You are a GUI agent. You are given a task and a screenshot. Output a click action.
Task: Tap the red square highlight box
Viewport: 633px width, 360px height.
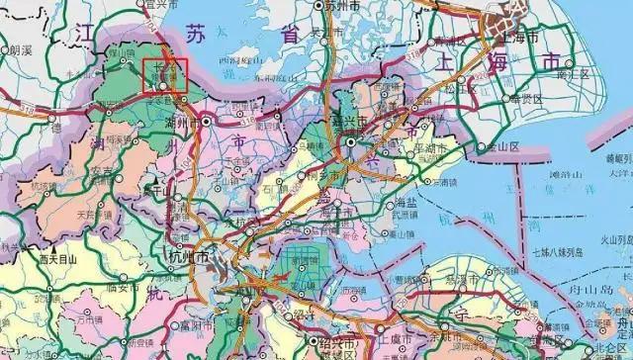tap(165, 76)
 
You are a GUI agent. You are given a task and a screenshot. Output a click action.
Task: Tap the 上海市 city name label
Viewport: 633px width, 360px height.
tap(518, 36)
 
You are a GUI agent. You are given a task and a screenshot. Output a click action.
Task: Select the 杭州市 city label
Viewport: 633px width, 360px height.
tap(190, 256)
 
